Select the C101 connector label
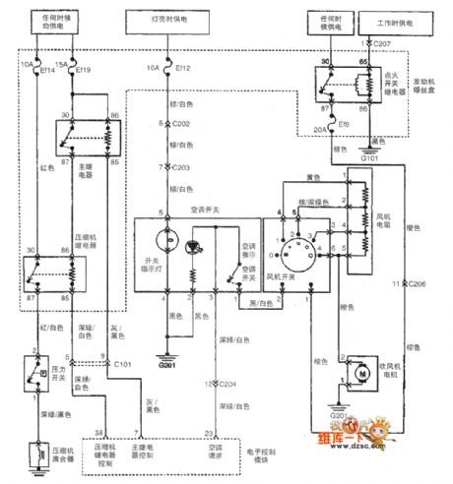[x=122, y=363]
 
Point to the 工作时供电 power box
[x=386, y=19]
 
